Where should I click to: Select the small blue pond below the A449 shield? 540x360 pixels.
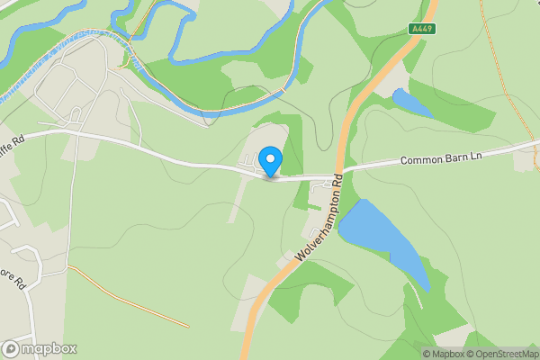click(x=411, y=103)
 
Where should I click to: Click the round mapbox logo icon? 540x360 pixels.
click(x=11, y=349)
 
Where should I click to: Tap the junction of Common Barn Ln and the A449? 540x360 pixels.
click(x=341, y=171)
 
